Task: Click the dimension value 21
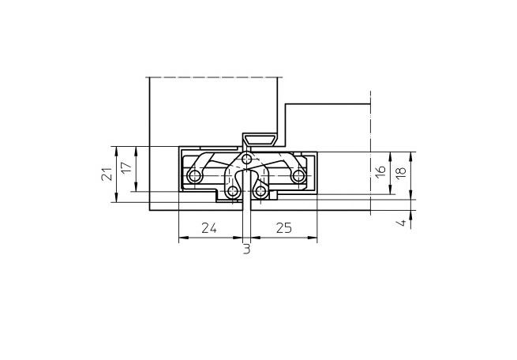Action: click(107, 174)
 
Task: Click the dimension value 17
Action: click(126, 167)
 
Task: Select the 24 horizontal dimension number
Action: click(209, 228)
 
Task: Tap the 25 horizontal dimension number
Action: click(284, 228)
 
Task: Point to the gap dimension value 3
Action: click(246, 249)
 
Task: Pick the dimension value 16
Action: click(380, 171)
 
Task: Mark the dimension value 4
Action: click(401, 223)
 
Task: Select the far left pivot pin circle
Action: click(194, 176)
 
